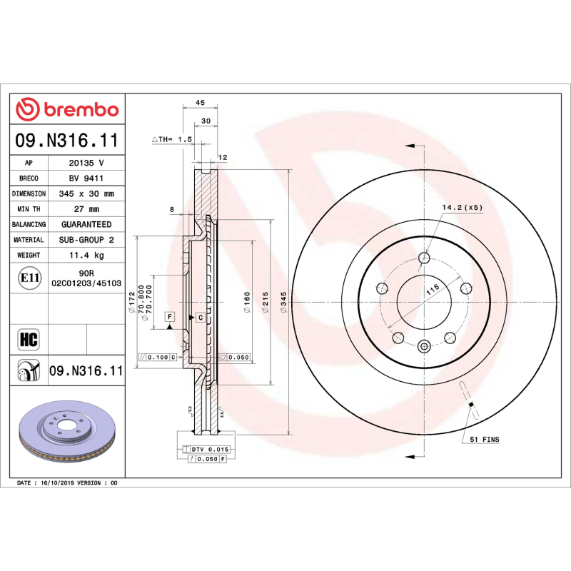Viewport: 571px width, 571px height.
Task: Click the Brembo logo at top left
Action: pos(67,110)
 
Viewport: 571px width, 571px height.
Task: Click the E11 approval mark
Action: pos(29,278)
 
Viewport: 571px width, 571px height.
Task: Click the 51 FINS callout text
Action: pos(485,440)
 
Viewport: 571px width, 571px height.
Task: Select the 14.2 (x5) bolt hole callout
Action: pos(462,207)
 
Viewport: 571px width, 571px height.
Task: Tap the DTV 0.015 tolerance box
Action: pos(209,449)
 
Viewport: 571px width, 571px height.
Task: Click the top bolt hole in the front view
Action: pos(424,258)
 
